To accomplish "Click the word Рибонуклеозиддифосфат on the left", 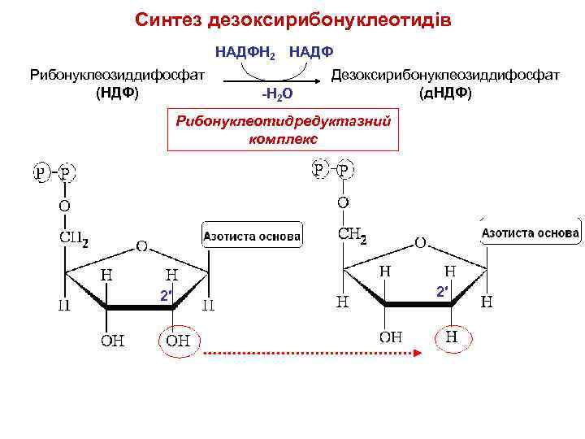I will coord(116,75).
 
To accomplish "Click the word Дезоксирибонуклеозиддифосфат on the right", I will coord(445,75).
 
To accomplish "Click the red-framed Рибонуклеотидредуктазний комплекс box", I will coord(284,129).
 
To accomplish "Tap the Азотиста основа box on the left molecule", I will coord(252,237).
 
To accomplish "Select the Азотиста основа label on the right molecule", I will coord(531,233).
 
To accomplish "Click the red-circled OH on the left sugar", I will coord(178,341).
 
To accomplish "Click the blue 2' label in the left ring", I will coord(166,296).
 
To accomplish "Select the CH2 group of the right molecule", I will coord(352,237).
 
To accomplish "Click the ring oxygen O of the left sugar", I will coord(141,245).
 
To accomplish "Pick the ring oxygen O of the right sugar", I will coord(420,242).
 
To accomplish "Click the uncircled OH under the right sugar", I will coord(391,336).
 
